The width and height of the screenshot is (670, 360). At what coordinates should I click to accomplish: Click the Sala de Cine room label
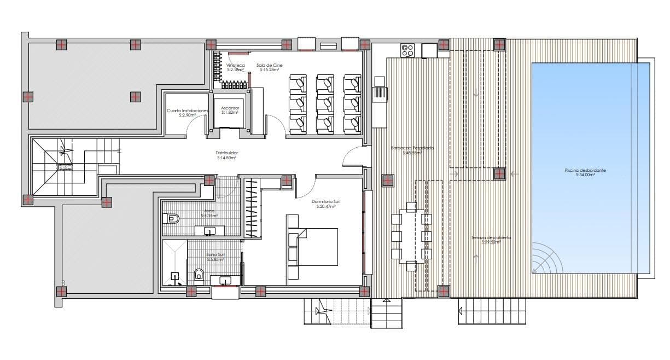(x=270, y=67)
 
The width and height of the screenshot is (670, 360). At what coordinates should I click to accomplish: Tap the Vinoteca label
(x=236, y=67)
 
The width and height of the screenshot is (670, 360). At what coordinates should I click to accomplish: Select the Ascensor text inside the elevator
(x=230, y=110)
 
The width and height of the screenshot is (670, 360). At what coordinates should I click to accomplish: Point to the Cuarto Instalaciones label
(x=188, y=113)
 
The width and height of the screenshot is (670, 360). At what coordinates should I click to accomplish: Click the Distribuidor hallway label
(x=226, y=155)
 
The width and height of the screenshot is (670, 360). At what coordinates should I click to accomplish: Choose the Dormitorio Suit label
(x=323, y=204)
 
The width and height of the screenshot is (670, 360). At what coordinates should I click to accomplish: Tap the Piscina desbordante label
(x=585, y=172)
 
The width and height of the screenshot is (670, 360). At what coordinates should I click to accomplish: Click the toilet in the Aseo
(x=171, y=219)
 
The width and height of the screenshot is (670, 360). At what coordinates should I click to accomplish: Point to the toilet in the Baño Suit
(x=199, y=274)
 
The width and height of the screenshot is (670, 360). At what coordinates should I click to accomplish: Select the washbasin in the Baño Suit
(x=225, y=281)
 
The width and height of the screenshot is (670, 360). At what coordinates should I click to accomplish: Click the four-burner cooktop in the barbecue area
(x=407, y=50)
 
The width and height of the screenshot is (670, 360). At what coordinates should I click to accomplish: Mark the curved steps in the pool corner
(x=545, y=260)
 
